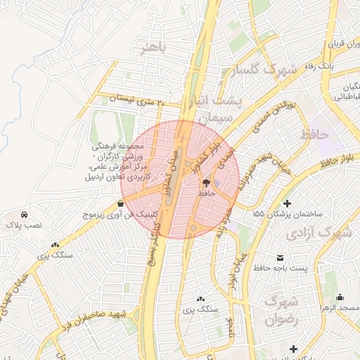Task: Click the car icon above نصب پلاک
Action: (x=25, y=214)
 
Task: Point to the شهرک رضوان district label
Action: (x=283, y=311)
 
